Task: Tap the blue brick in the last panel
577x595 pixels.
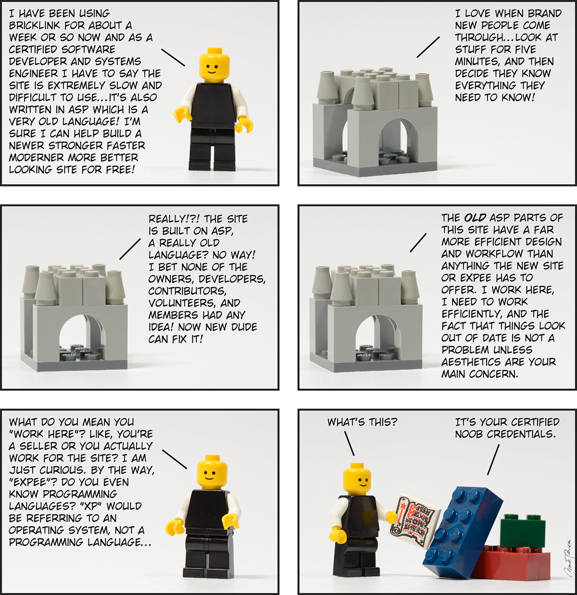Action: coord(463,533)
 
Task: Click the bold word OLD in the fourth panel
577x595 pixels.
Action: coord(475,218)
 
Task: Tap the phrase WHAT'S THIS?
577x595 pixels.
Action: coord(362,422)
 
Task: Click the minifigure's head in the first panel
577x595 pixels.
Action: coord(214,65)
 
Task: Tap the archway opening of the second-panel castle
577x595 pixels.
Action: coord(399,141)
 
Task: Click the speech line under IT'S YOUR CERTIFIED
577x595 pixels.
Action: coord(493,459)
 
